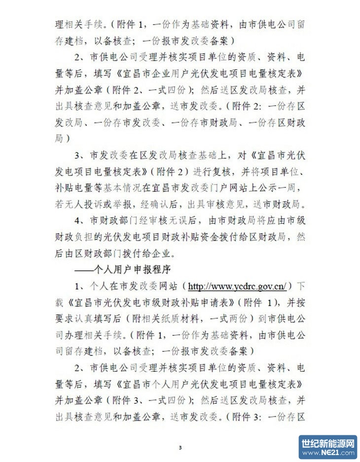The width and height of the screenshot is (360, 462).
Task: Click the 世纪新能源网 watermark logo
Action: [x=328, y=447]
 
